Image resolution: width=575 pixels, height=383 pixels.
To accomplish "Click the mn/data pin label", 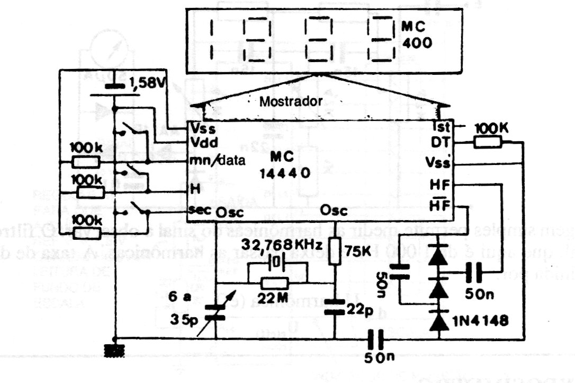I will click(218, 161).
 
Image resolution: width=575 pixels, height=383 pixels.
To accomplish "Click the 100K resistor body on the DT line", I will click(487, 142).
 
